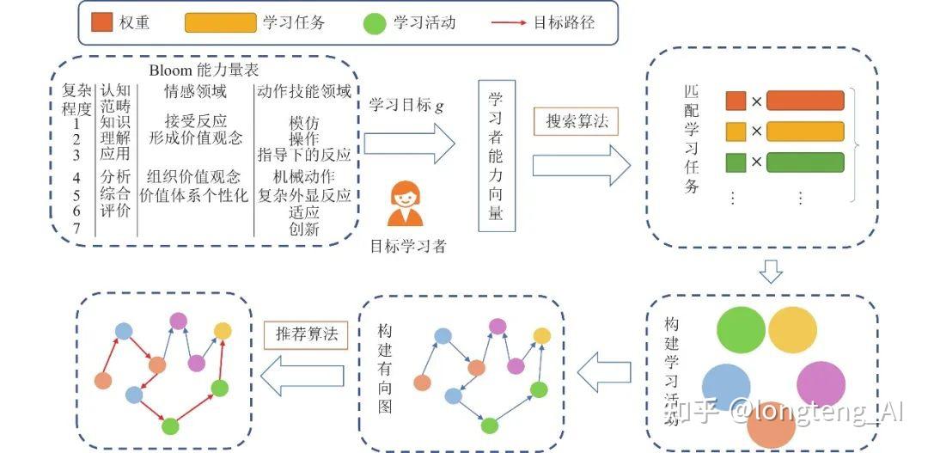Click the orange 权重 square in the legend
(102, 22)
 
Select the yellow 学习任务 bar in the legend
(221, 22)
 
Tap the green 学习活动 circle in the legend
(375, 23)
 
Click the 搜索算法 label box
(576, 121)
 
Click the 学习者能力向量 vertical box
(496, 155)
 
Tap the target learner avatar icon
(406, 204)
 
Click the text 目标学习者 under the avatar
(408, 246)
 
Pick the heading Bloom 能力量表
(204, 70)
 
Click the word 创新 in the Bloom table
(304, 229)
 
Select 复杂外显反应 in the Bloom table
(304, 195)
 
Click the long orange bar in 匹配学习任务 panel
(805, 101)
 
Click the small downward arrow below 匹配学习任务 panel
(771, 272)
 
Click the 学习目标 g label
(406, 105)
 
